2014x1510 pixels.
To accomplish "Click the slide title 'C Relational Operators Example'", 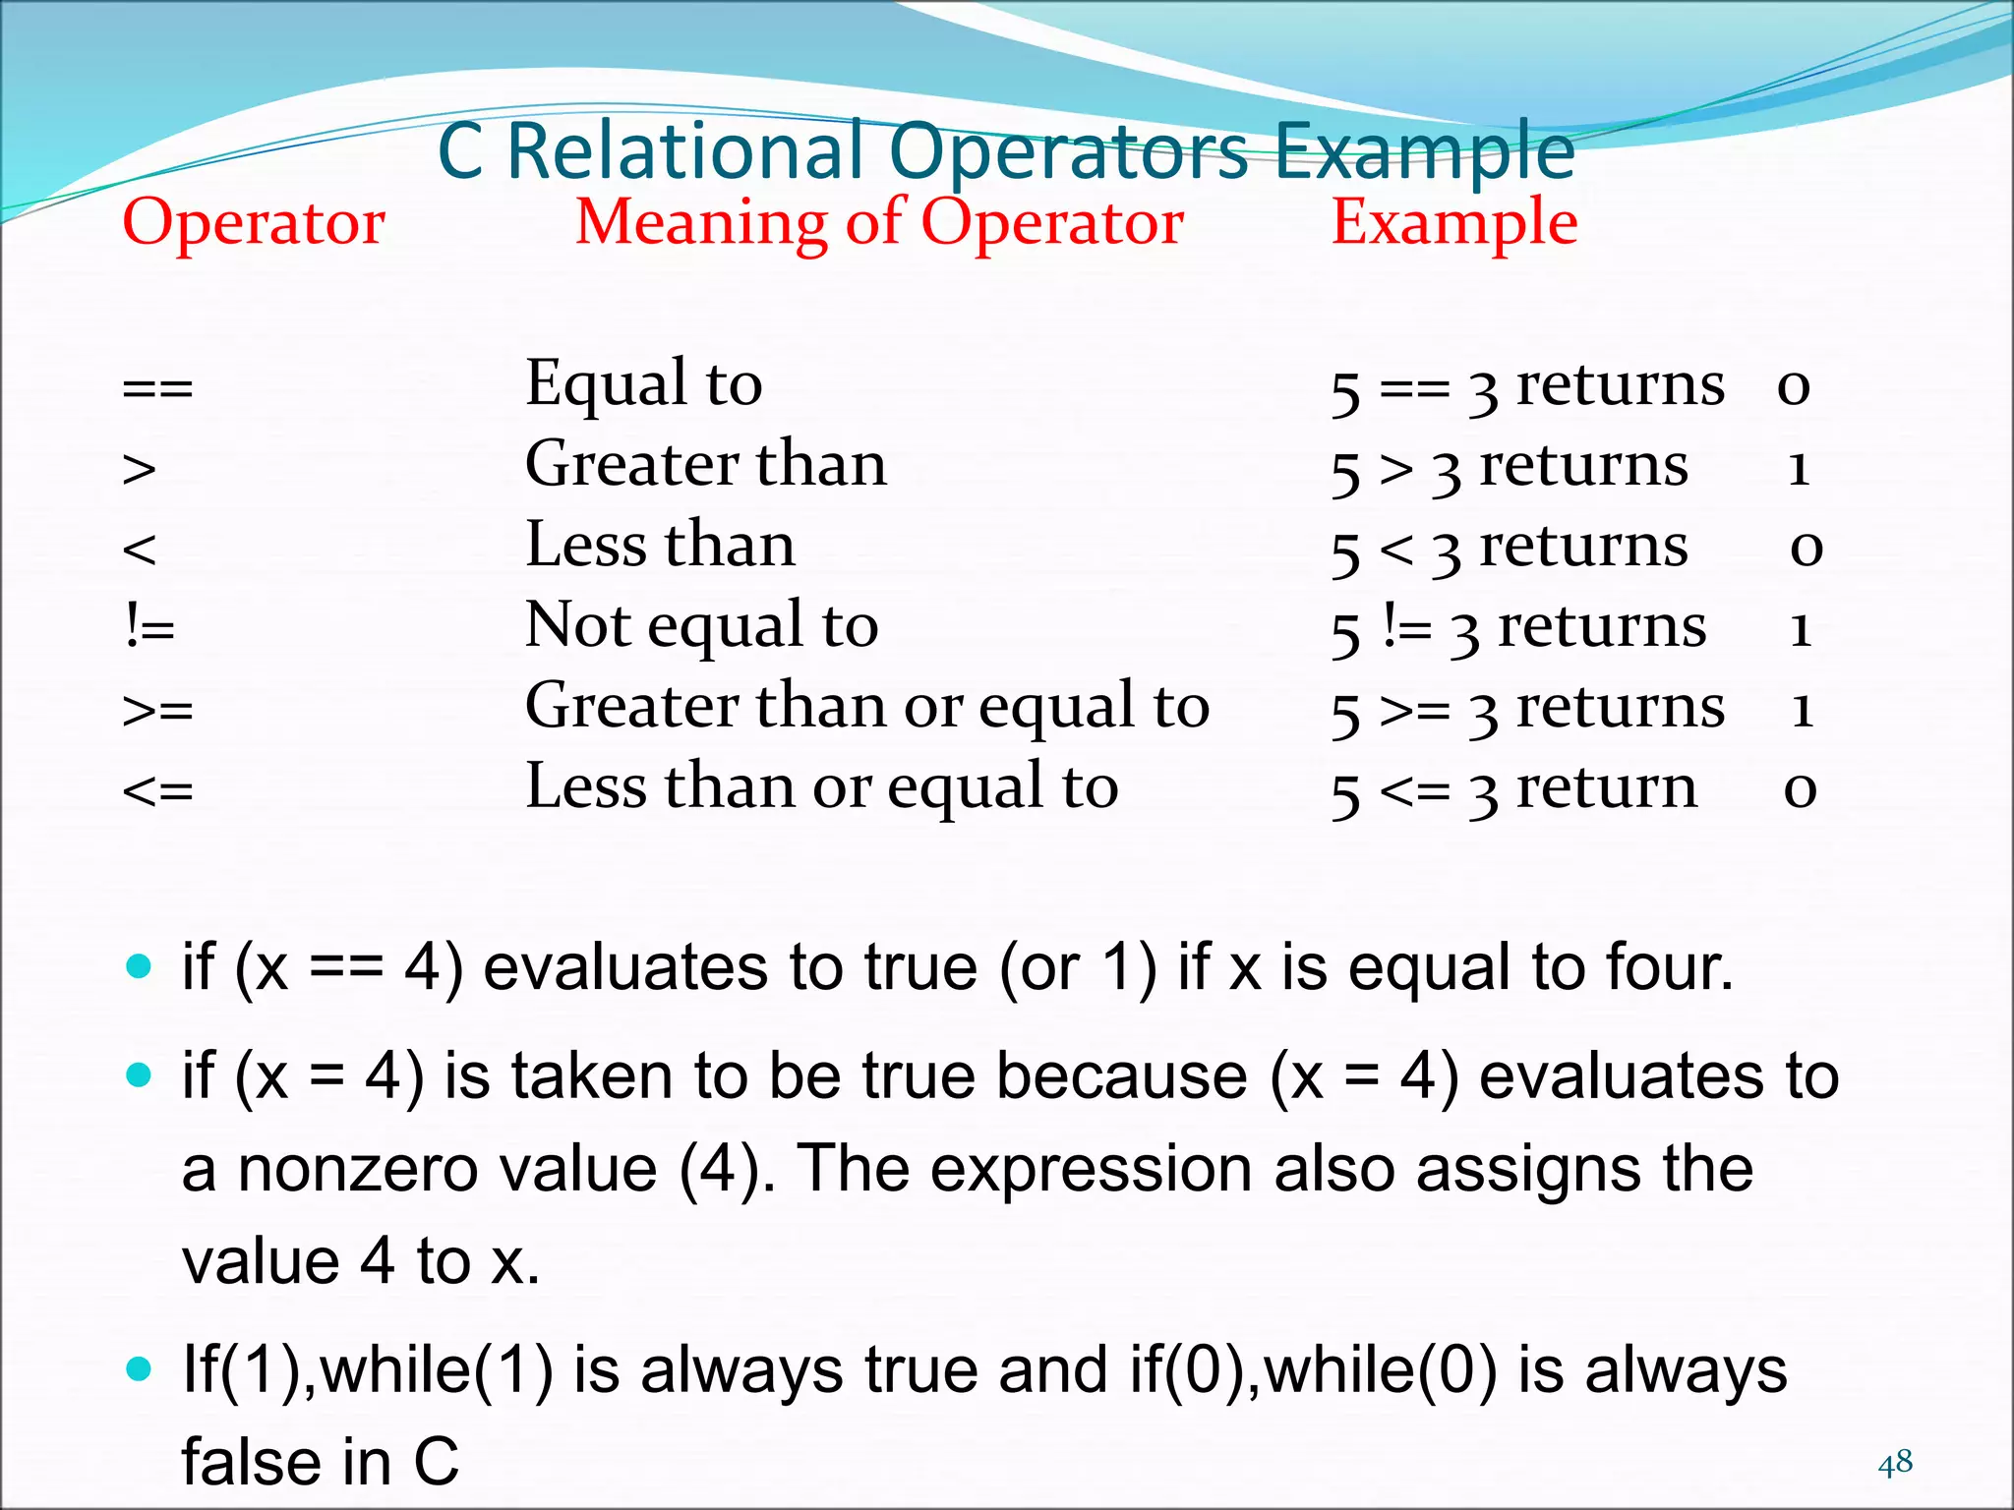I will click(1005, 152).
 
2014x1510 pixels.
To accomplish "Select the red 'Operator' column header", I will click(254, 224).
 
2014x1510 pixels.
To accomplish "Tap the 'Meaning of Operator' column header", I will click(879, 224).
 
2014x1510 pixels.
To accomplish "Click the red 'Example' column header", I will click(1453, 224).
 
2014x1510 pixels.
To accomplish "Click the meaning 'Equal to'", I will click(643, 384).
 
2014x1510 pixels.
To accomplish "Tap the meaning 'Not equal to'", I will click(701, 626).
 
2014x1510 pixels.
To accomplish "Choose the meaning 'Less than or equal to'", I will click(822, 787).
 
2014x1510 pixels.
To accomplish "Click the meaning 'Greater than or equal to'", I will click(867, 707).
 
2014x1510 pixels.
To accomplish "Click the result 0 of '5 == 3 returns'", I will click(1793, 386).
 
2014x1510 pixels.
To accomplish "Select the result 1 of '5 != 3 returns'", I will click(1801, 628).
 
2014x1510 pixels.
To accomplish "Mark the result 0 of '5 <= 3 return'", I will click(1800, 789).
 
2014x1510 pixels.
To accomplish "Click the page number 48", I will click(1895, 1463).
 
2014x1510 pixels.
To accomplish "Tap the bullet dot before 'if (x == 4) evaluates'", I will click(140, 965).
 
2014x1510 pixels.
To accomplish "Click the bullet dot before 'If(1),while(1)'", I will click(140, 1368).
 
